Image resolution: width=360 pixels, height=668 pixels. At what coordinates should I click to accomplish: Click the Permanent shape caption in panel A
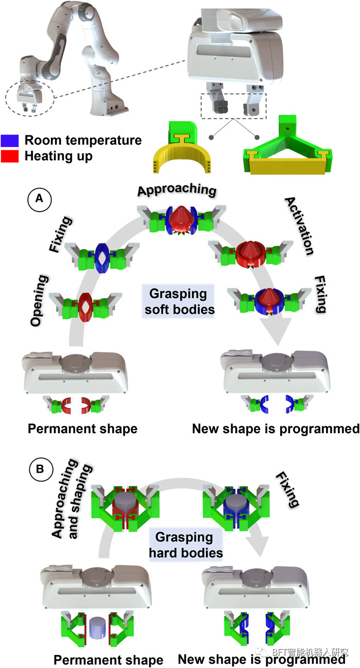pos(82,428)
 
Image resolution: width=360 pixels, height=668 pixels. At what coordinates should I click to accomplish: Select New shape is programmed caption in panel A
pos(275,428)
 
